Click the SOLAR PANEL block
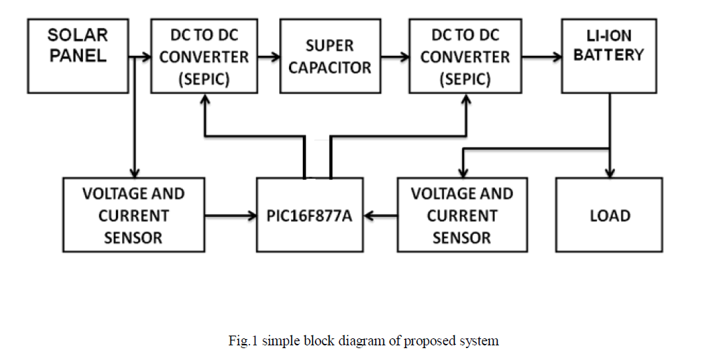(x=78, y=57)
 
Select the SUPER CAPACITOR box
(x=330, y=57)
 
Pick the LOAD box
(x=609, y=215)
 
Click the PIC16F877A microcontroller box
(x=309, y=215)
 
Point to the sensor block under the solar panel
(x=133, y=215)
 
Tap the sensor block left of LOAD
(x=461, y=215)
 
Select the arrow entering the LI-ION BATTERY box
(x=541, y=57)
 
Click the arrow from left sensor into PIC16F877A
(x=230, y=216)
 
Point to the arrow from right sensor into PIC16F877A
(x=380, y=216)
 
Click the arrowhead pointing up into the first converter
(x=205, y=99)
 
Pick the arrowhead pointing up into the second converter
(x=466, y=99)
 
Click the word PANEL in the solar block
(x=78, y=56)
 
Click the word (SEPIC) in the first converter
(x=203, y=79)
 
